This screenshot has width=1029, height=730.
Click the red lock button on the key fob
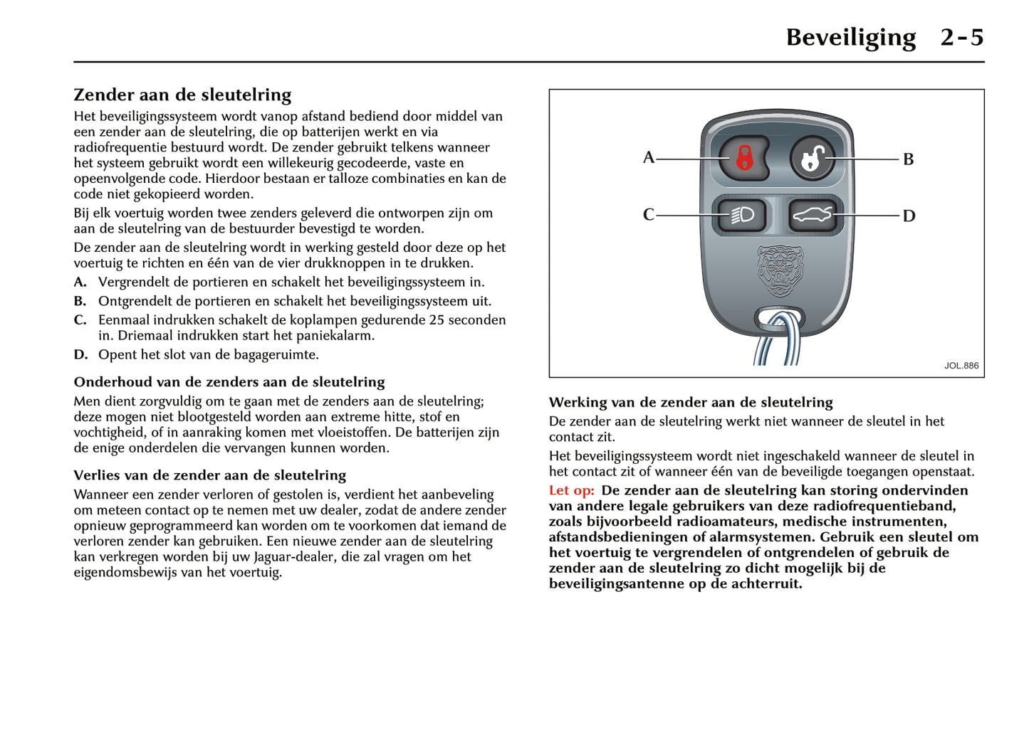(x=743, y=158)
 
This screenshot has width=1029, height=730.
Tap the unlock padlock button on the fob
(x=812, y=158)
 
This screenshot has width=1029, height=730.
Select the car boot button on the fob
(x=813, y=215)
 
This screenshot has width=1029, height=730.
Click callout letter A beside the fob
(x=648, y=157)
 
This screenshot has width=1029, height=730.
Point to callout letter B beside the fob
(x=908, y=159)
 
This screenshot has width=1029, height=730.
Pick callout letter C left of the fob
(x=648, y=215)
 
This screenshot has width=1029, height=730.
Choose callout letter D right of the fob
(x=909, y=216)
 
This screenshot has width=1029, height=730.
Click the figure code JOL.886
(x=961, y=366)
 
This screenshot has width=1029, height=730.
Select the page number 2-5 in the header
(x=961, y=37)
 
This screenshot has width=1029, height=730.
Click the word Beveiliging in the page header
(x=850, y=37)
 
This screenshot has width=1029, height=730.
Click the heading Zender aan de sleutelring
(x=182, y=95)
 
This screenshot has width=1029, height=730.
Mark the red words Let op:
(x=571, y=490)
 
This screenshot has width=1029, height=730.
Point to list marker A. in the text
(x=80, y=282)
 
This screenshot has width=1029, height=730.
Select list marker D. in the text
(x=80, y=355)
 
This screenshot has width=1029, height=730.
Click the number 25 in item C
(x=437, y=320)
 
